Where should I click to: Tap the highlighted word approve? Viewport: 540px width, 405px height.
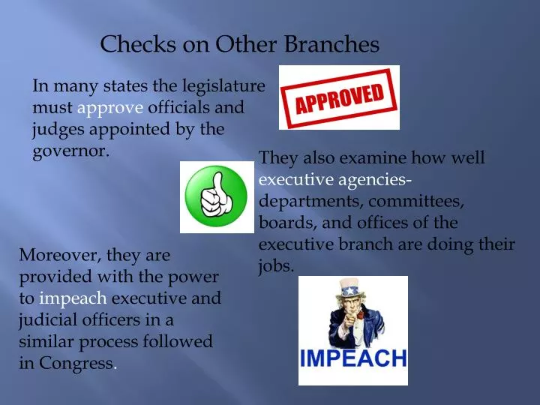coord(104,108)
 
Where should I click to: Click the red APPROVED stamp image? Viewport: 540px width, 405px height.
coord(339,97)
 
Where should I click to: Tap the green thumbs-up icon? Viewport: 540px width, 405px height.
coord(217,197)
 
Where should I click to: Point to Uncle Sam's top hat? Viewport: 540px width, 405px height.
coord(350,288)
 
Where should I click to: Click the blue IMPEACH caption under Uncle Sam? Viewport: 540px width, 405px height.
coord(353,358)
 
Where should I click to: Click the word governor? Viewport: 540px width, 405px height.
coord(70,151)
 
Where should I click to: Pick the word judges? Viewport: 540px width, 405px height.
coord(57,129)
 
